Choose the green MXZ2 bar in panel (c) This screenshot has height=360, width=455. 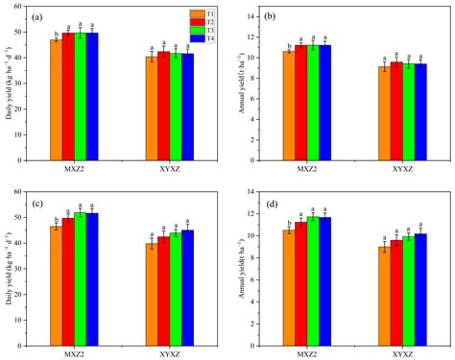coord(80,278)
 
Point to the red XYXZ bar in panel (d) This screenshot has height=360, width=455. coord(395,293)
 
